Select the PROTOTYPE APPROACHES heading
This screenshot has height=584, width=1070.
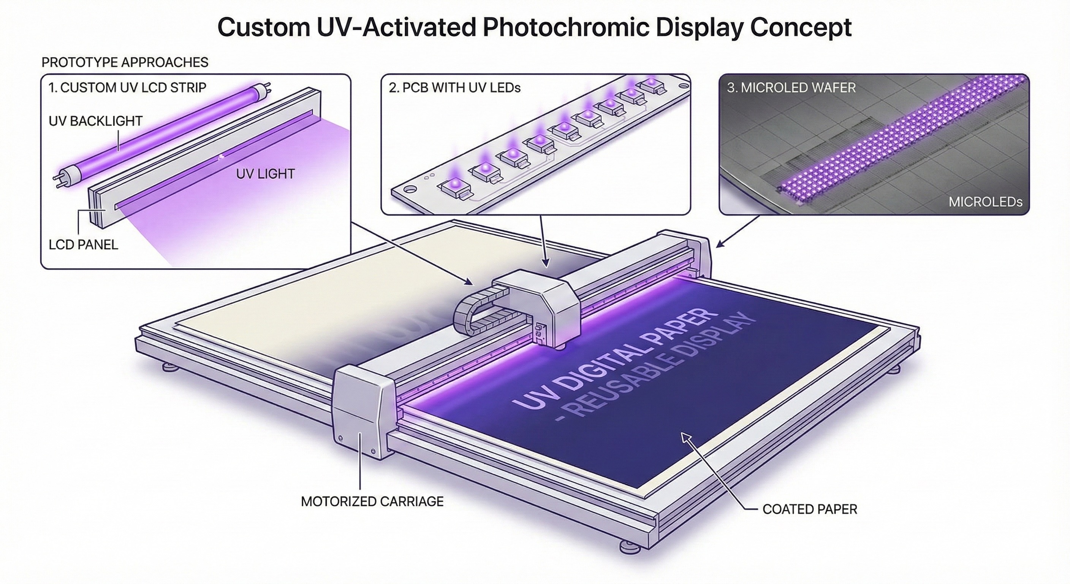[x=125, y=62]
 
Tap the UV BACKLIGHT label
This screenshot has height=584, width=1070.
[x=95, y=121]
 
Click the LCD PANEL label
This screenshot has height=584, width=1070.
[x=84, y=245]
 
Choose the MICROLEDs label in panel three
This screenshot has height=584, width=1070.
[x=985, y=202]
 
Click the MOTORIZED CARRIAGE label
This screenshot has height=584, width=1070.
[x=372, y=501]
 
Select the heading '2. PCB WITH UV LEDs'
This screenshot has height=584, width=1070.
[x=454, y=88]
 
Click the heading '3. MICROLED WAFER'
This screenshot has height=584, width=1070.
[x=791, y=88]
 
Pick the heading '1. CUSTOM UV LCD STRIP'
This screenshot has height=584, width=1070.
[x=127, y=88]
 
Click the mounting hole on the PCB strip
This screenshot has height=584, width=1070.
[x=410, y=188]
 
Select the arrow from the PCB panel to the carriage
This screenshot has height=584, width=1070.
[x=543, y=241]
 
